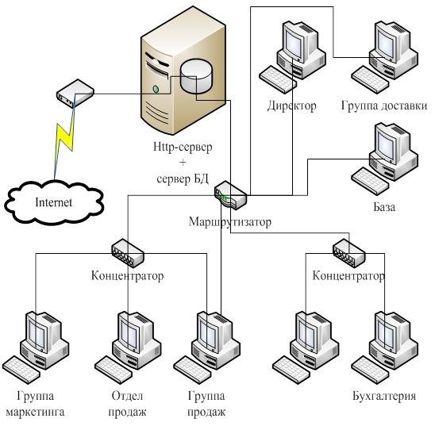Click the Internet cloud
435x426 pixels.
[54, 202]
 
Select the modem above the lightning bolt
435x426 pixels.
[75, 94]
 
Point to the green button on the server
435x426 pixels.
[156, 90]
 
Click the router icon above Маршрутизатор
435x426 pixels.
[230, 194]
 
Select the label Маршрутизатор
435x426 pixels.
[230, 222]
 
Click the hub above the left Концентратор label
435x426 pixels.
[128, 253]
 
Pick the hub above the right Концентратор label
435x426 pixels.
[348, 253]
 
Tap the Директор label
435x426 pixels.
[292, 106]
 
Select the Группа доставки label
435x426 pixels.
[384, 106]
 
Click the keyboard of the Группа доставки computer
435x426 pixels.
[370, 79]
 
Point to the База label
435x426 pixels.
[384, 207]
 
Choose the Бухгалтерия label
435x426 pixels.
[384, 396]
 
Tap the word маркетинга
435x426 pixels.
[35, 412]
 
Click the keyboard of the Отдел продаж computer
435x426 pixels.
[114, 370]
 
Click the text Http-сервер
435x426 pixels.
[183, 147]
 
